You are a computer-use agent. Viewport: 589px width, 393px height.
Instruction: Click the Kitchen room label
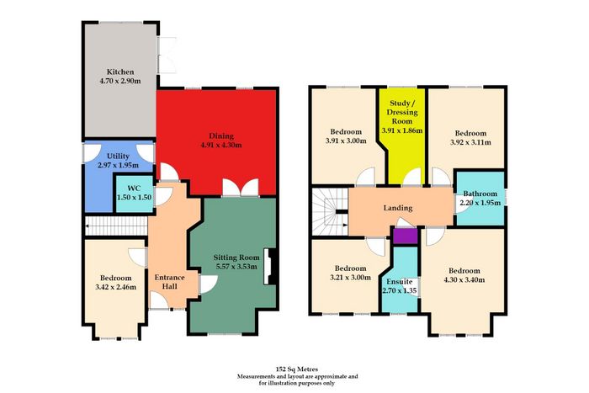(120, 72)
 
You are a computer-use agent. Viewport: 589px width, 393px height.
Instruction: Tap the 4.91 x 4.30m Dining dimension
(221, 145)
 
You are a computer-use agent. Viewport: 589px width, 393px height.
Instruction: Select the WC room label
(134, 188)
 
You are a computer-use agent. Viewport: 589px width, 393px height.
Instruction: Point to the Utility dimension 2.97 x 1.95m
(119, 165)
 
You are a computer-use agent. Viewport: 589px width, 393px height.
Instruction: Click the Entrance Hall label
(170, 282)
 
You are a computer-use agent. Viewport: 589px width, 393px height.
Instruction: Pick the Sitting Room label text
(236, 258)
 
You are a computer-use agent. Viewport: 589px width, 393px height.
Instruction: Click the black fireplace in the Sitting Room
(271, 267)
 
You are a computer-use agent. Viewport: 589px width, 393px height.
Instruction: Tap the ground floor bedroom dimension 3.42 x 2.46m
(116, 288)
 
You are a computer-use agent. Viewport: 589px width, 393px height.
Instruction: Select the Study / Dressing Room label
(403, 112)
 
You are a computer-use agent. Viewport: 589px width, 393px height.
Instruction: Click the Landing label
(398, 208)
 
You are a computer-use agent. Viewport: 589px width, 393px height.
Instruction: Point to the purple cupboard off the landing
(406, 236)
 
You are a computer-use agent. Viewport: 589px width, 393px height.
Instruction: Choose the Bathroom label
(480, 194)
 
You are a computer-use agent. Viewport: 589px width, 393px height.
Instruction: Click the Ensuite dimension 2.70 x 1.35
(400, 290)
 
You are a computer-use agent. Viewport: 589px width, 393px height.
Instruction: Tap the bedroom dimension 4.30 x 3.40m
(464, 280)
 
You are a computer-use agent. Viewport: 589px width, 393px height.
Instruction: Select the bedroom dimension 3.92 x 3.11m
(470, 142)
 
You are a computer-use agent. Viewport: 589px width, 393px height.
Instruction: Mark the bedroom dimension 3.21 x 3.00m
(351, 278)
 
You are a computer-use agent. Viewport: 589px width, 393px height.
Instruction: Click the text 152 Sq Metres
(297, 369)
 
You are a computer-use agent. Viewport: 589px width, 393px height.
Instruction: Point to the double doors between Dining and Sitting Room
(241, 188)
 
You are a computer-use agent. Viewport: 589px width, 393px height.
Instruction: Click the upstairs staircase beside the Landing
(330, 211)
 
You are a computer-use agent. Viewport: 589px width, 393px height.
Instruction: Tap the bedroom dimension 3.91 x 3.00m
(346, 141)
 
